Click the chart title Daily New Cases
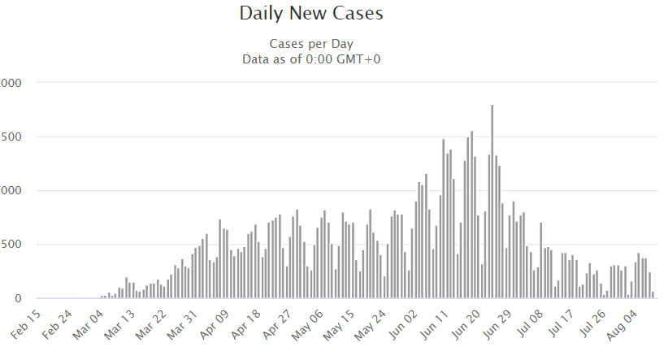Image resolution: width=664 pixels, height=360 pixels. (x=311, y=14)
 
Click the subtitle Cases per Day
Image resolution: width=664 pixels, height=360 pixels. (x=311, y=43)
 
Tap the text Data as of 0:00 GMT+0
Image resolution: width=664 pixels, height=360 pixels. (x=311, y=59)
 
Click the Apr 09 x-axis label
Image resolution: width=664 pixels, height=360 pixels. (x=218, y=323)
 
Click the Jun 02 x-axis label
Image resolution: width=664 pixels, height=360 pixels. (x=407, y=323)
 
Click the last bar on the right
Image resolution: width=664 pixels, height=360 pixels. (x=653, y=295)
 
